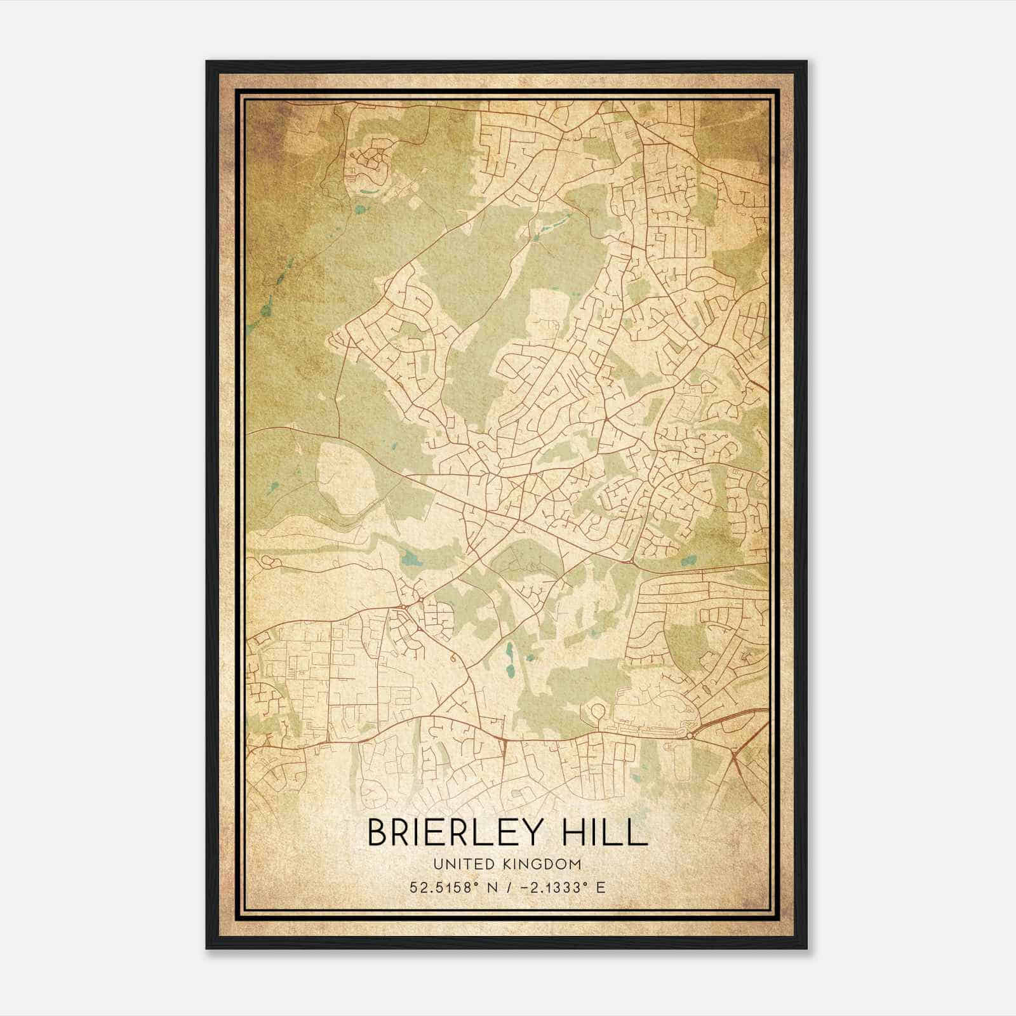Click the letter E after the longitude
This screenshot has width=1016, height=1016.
click(x=600, y=888)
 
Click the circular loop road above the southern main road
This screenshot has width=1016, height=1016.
click(x=598, y=711)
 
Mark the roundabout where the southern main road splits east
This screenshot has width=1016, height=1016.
click(x=691, y=736)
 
